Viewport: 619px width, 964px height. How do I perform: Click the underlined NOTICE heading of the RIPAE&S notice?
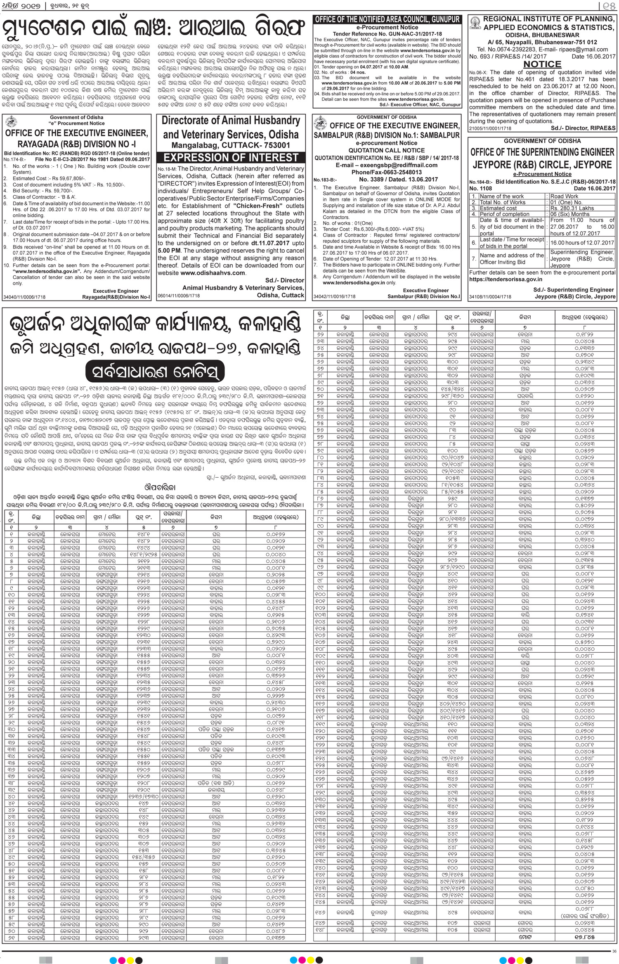542,64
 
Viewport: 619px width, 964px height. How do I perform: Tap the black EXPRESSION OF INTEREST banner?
231,158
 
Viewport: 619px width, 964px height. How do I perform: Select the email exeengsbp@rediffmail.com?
386,165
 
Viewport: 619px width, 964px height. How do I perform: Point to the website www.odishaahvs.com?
213,273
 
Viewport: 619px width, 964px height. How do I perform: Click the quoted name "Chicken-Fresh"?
258,206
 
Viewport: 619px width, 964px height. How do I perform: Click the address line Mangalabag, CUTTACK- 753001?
231,145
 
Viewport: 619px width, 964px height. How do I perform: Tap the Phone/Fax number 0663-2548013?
386,172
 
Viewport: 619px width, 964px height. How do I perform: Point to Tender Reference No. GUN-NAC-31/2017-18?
387,33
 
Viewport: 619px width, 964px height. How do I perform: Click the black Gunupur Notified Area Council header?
387,19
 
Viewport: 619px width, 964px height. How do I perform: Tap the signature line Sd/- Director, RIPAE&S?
583,128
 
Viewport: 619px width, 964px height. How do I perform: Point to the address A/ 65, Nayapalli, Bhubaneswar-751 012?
542,42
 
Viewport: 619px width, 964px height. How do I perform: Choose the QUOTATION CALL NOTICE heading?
386,151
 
